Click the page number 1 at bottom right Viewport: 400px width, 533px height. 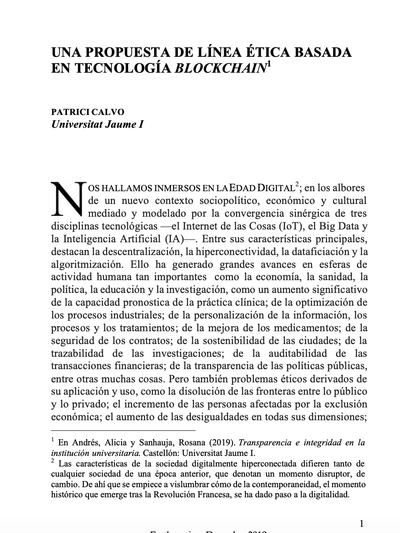[x=360, y=522]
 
